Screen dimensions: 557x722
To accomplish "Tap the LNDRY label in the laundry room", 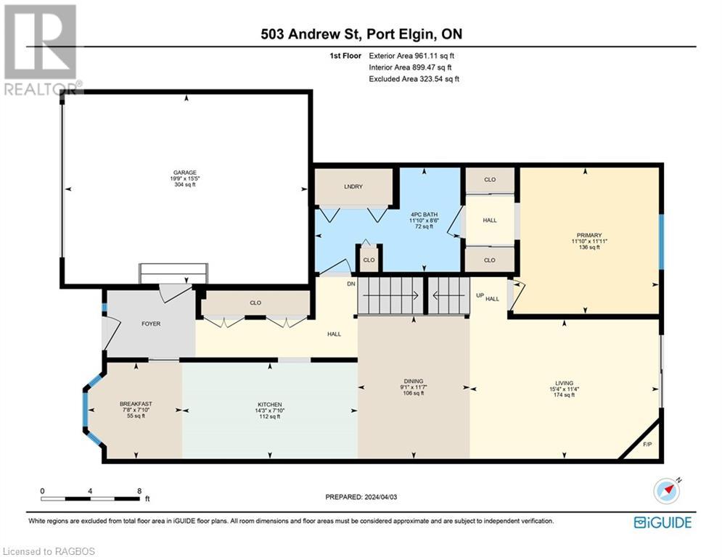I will coord(353,186).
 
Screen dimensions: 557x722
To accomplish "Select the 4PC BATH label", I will coord(423,214).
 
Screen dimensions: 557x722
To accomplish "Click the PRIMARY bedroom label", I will coord(588,235).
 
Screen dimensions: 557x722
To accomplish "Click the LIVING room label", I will coord(564,383).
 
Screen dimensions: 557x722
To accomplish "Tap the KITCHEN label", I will coord(269,404).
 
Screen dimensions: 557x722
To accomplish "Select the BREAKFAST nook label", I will coord(136,404).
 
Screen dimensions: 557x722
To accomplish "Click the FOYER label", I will coord(151,323).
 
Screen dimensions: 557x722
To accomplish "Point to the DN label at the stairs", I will coord(350,284).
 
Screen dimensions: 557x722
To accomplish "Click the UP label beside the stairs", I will coord(479,296).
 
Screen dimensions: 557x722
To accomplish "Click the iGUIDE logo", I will coord(662,522).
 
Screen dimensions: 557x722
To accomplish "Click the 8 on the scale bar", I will coord(139,490).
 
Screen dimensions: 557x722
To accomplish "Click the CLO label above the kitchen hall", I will coord(255,302).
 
